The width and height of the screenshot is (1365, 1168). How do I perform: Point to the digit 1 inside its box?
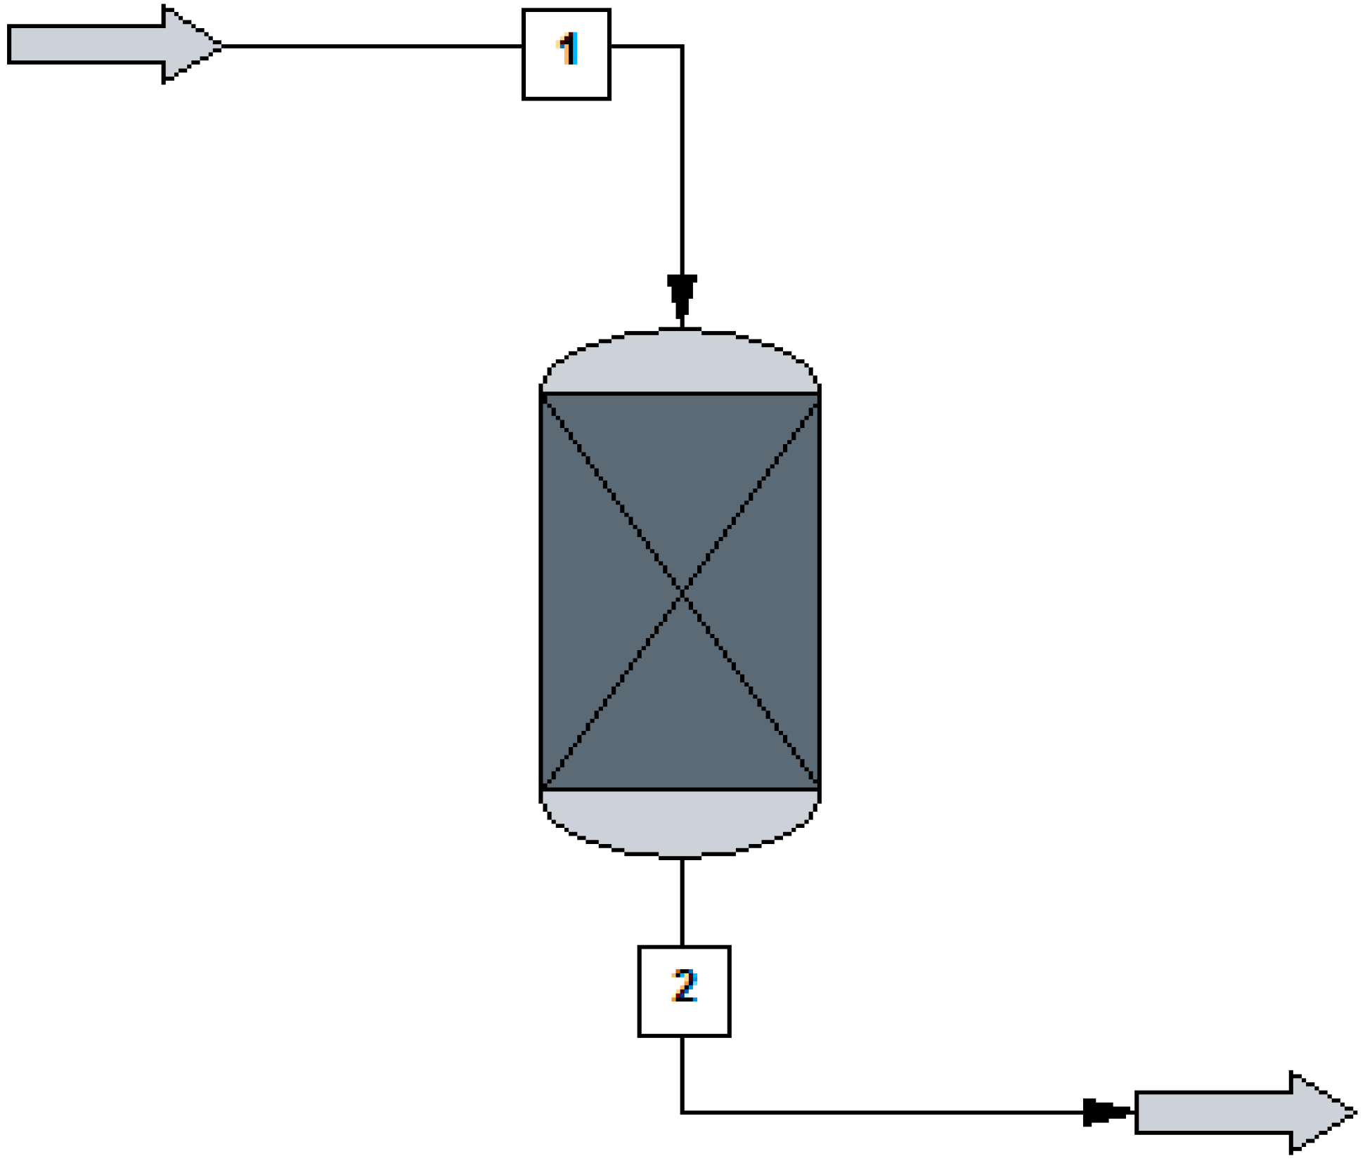click(x=568, y=50)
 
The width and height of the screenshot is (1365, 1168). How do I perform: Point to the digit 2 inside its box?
click(x=684, y=985)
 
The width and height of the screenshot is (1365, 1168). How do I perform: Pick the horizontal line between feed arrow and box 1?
click(x=373, y=46)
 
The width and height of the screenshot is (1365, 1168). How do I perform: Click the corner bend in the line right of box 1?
click(x=682, y=46)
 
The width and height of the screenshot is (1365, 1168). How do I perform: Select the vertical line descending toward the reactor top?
click(x=682, y=162)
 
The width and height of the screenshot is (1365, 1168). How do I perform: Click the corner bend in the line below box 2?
click(x=682, y=1112)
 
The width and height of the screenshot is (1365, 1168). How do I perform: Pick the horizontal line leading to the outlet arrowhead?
click(x=879, y=1112)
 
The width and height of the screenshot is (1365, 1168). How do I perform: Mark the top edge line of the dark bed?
click(x=680, y=394)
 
